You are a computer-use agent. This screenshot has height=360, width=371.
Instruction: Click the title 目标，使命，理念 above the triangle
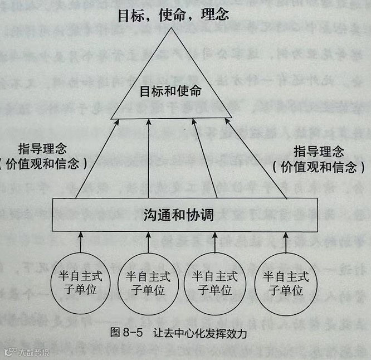point(173,14)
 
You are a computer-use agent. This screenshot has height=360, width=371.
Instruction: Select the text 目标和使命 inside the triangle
point(170,90)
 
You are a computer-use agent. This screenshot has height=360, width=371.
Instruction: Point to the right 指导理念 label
point(318,152)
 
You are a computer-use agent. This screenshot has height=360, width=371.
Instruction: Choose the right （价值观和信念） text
point(319,167)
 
